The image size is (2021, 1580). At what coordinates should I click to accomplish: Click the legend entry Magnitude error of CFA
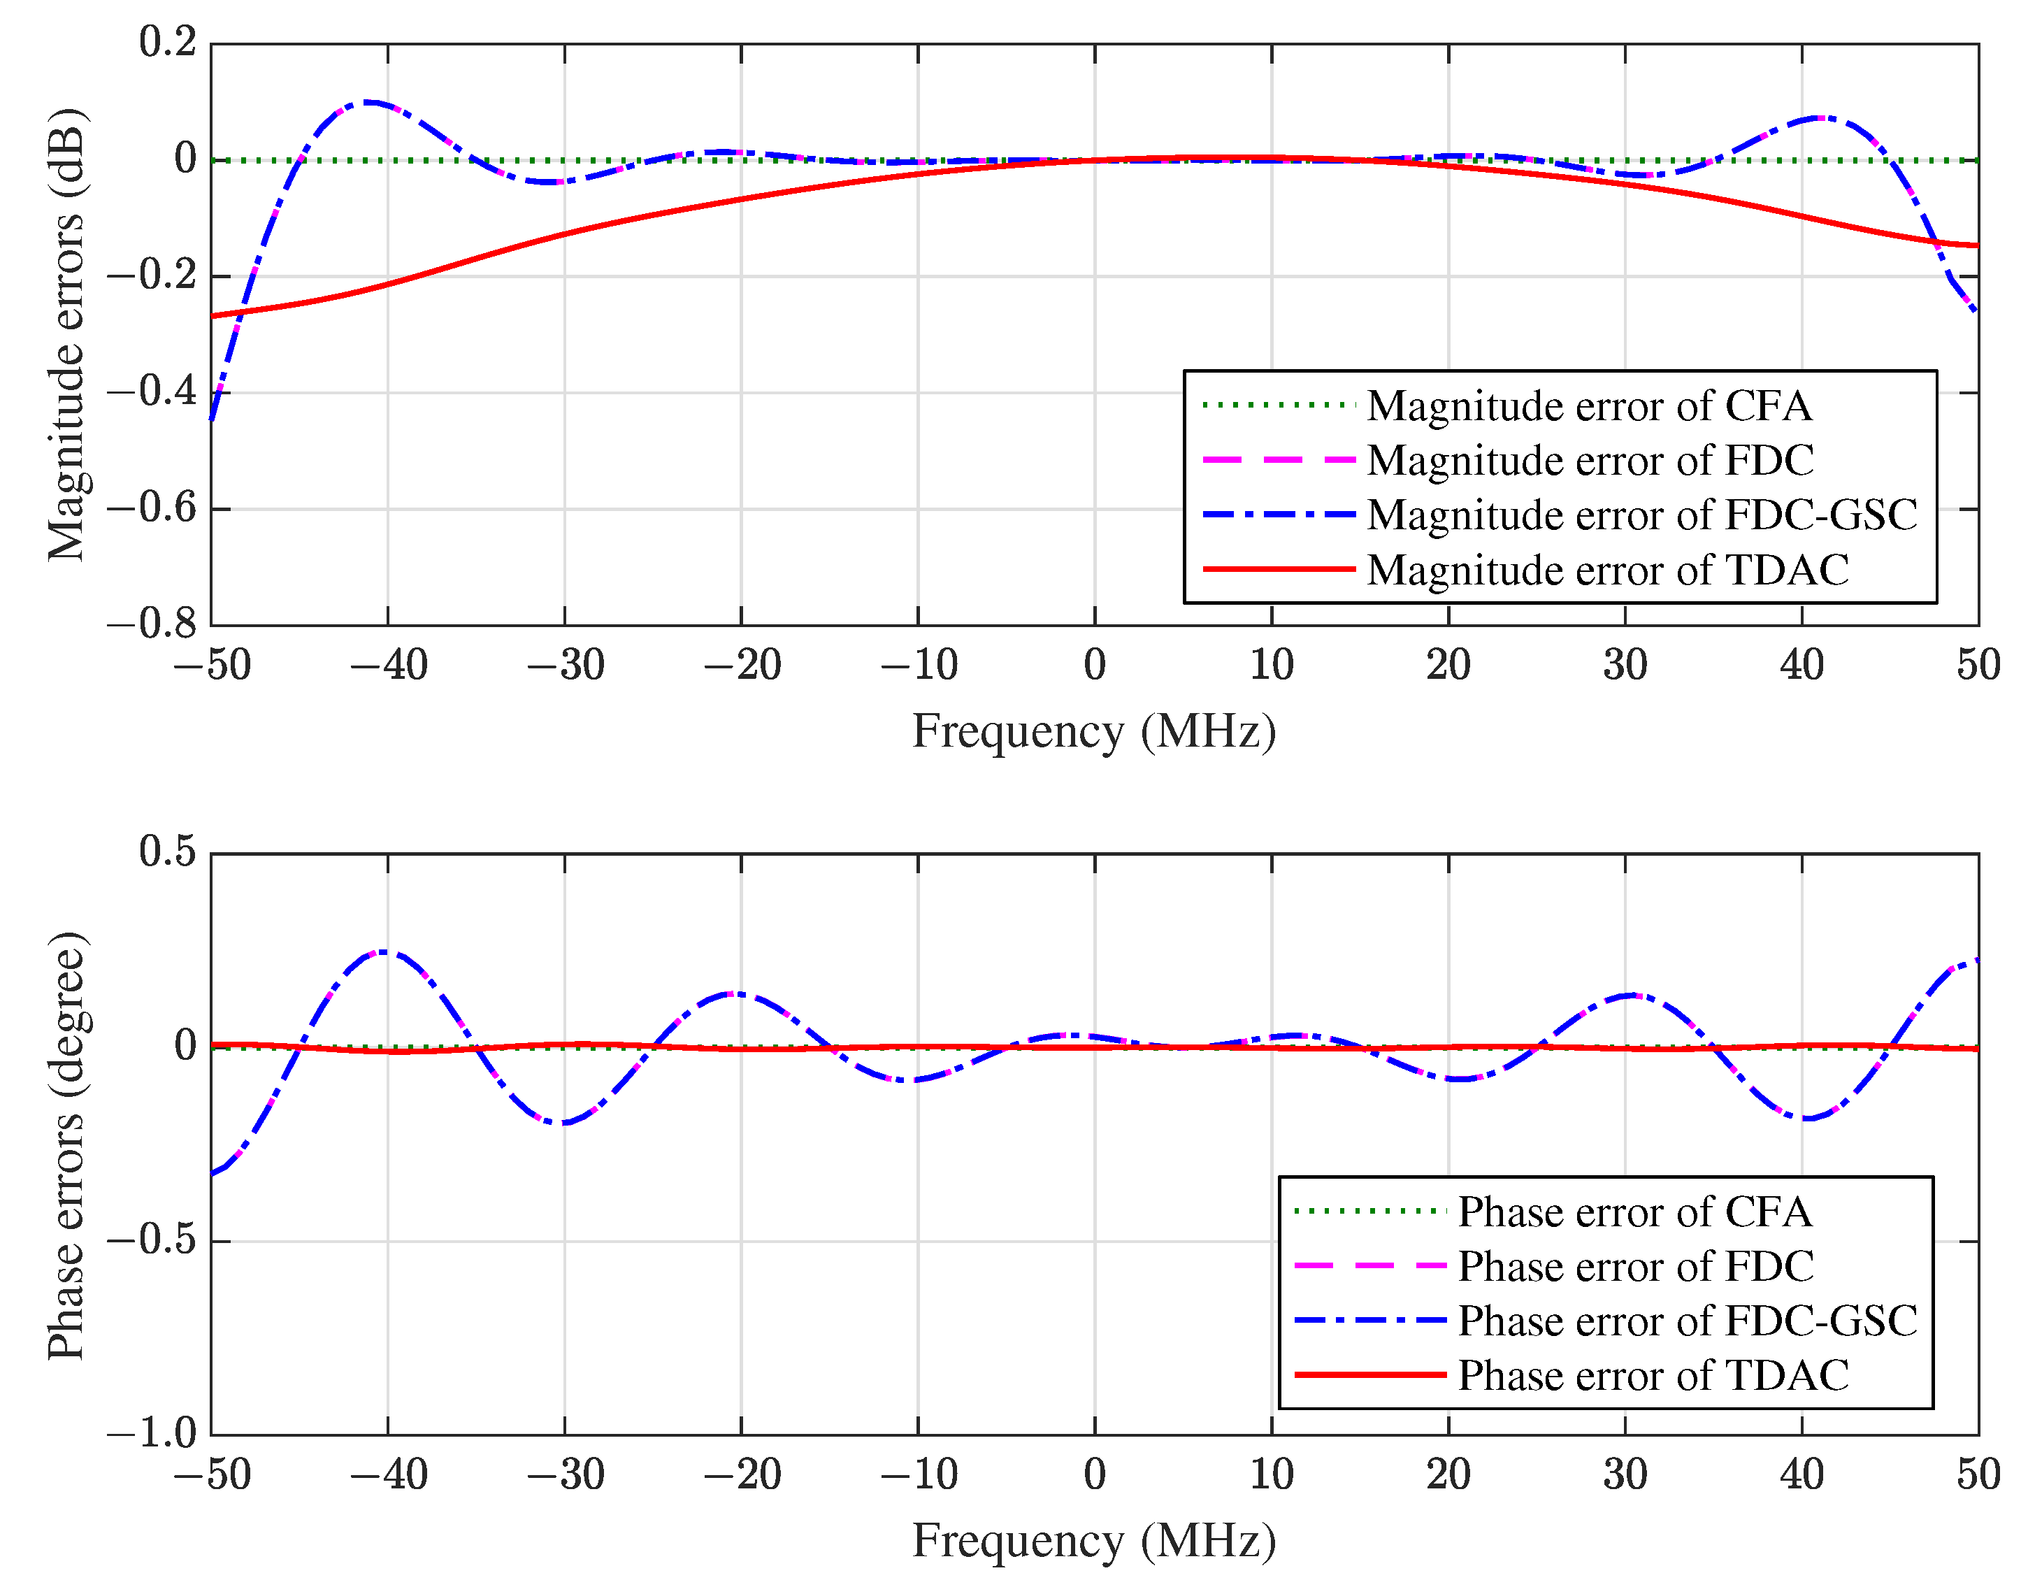coord(1589,406)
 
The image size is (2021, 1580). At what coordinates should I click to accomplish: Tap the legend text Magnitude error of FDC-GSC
coord(1641,515)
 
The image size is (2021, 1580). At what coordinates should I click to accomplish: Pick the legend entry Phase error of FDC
coord(1635,1266)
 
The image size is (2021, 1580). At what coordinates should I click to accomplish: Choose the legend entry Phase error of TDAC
coord(1653,1375)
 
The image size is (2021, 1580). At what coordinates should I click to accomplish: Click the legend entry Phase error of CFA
coord(1634,1212)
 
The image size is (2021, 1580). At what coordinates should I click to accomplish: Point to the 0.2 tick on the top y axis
coord(168,43)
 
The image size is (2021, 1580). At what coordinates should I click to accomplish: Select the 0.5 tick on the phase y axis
coord(168,852)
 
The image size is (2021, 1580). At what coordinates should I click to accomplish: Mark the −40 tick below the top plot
coord(389,666)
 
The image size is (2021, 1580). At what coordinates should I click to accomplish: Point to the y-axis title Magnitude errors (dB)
coord(66,334)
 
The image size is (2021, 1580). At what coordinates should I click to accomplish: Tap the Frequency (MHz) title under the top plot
coord(1094,732)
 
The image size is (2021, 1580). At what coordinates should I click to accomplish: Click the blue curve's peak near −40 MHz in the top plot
coord(370,102)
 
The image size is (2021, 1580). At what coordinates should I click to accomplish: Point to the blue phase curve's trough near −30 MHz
coord(563,1123)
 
